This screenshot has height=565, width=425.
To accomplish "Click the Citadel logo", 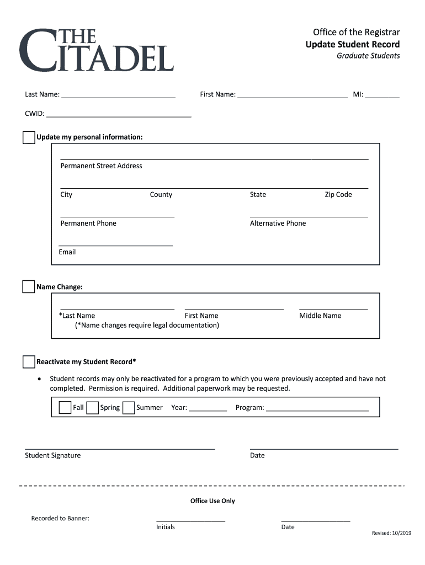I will pyautogui.click(x=96, y=50).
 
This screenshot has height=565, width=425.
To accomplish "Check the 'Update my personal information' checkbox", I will pyautogui.click(x=29, y=137).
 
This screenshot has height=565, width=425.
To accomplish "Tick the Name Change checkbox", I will pyautogui.click(x=29, y=287).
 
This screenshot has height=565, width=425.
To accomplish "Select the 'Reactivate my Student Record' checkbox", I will pyautogui.click(x=29, y=362).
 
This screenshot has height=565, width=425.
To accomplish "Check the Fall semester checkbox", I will pyautogui.click(x=65, y=408).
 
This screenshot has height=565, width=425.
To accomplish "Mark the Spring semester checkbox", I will pyautogui.click(x=92, y=408).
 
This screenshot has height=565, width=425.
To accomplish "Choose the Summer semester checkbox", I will pyautogui.click(x=129, y=408).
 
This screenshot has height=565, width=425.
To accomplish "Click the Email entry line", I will pyautogui.click(x=115, y=244).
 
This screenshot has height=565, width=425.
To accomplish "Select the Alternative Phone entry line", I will pyautogui.click(x=309, y=216).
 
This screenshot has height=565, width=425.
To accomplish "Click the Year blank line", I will pyautogui.click(x=208, y=410).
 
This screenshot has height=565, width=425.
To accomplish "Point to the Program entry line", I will pyautogui.click(x=317, y=410).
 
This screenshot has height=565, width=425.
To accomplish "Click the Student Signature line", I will pyautogui.click(x=120, y=449).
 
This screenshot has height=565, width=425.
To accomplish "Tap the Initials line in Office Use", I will pyautogui.click(x=190, y=520).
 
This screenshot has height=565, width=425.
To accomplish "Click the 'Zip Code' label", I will pyautogui.click(x=338, y=195).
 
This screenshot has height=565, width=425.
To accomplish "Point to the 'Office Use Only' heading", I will pyautogui.click(x=212, y=501).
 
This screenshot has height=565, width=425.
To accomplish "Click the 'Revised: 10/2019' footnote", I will pyautogui.click(x=391, y=533).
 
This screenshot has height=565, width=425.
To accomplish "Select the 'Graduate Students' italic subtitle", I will pyautogui.click(x=368, y=56).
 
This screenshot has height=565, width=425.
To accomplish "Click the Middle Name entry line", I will pyautogui.click(x=333, y=308).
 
